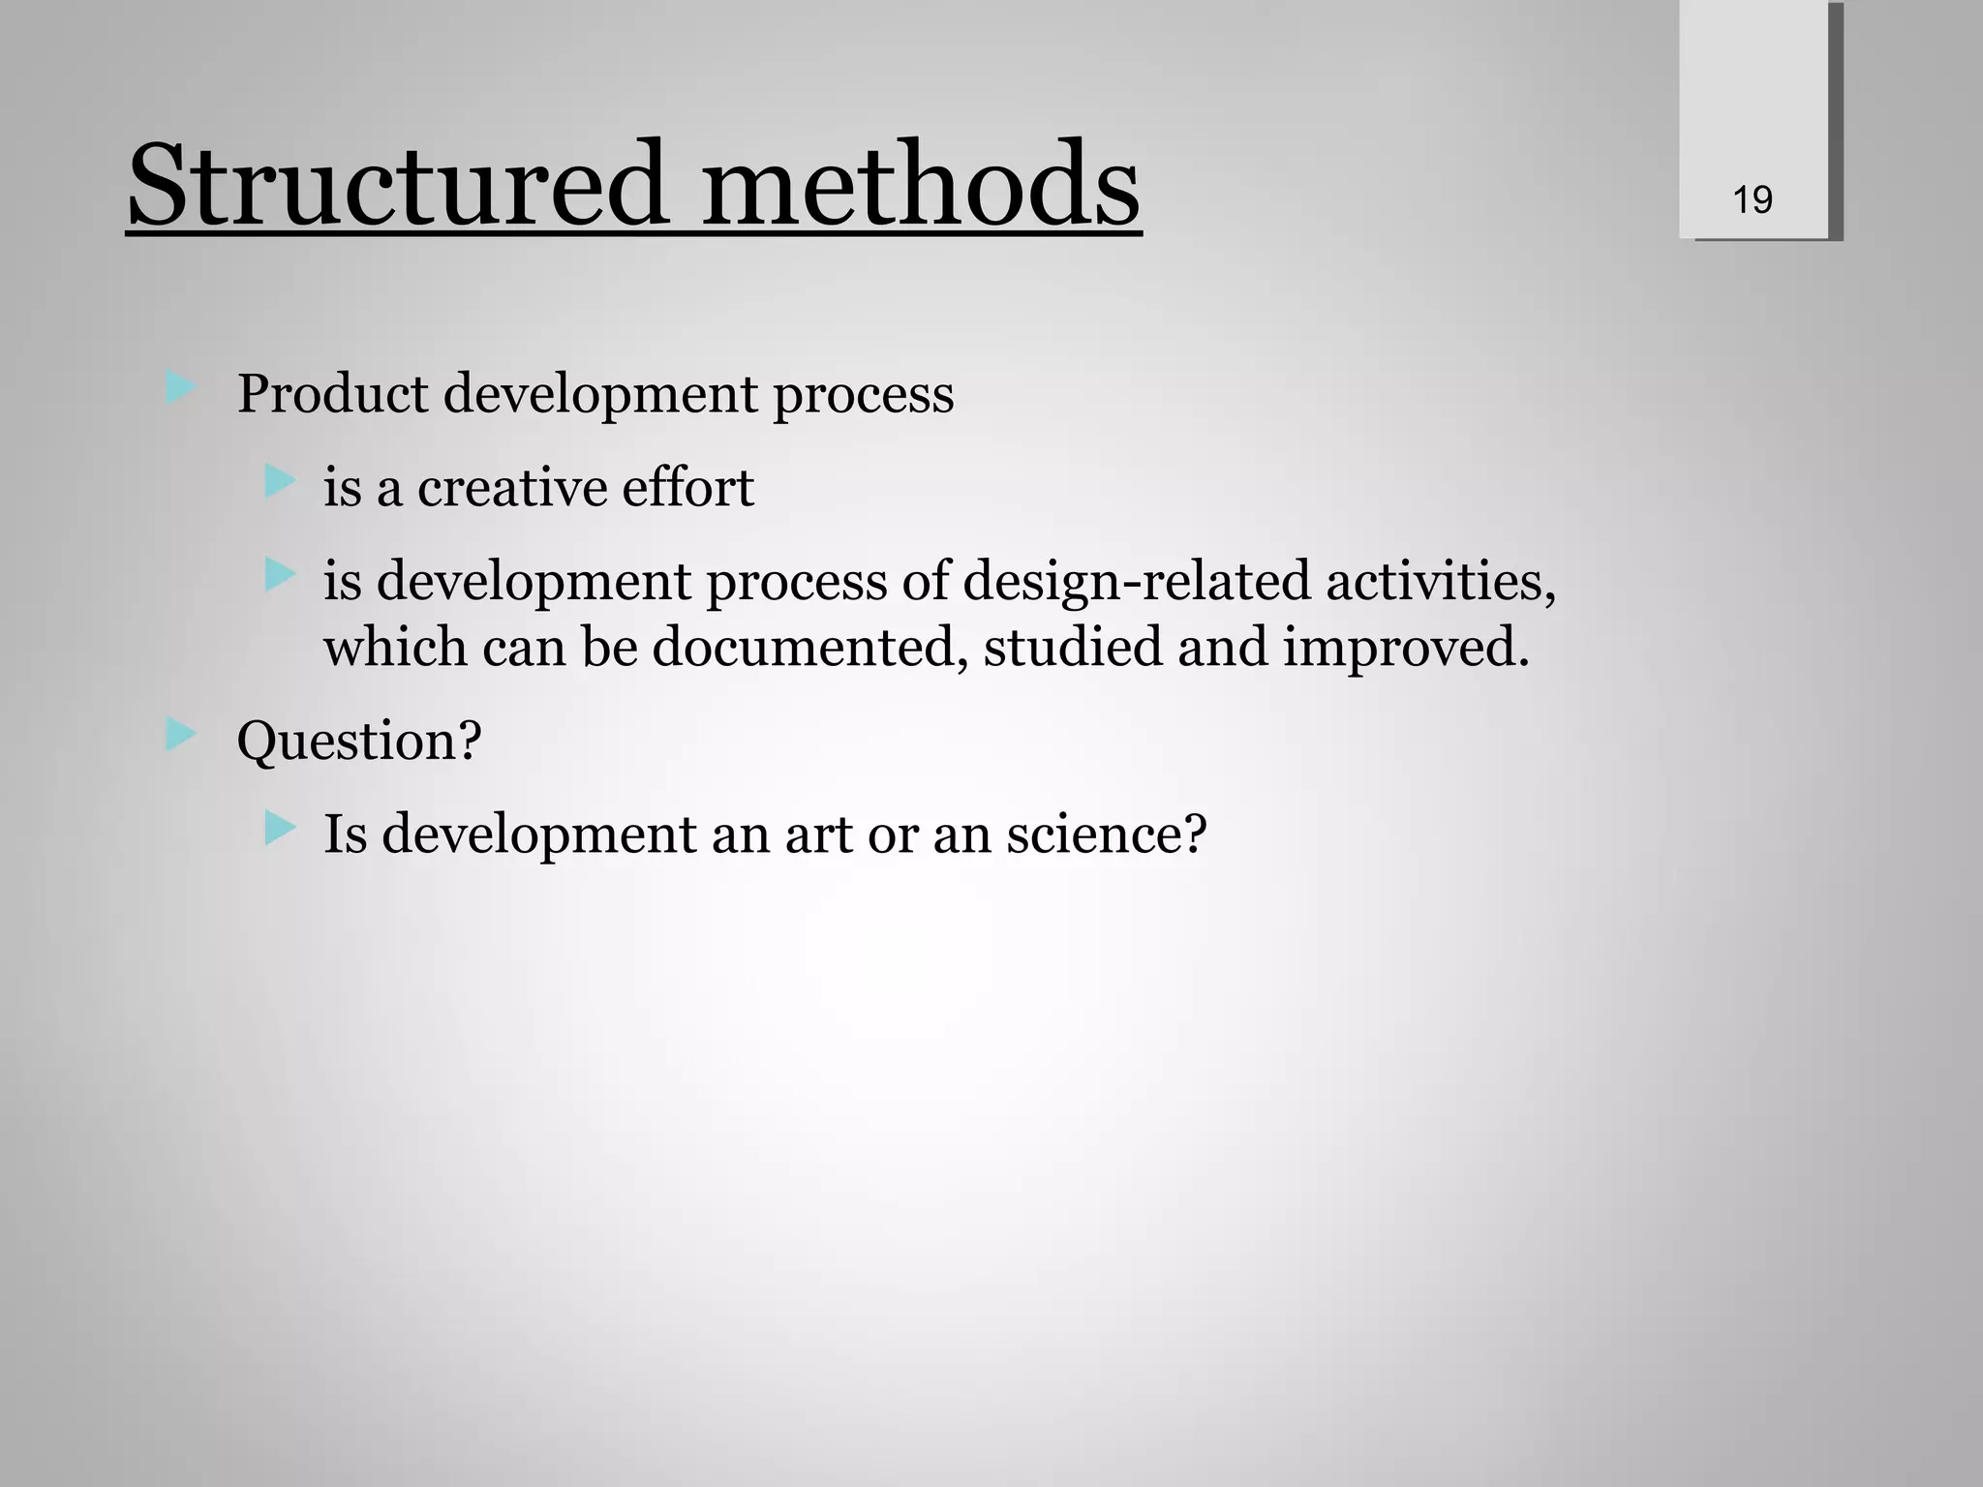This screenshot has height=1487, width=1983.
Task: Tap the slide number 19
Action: point(1752,200)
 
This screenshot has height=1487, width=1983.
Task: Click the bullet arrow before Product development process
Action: point(180,389)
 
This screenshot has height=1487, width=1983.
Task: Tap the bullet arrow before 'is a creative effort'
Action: point(279,481)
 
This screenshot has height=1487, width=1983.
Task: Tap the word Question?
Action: point(359,742)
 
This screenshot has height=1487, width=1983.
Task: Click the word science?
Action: point(1106,834)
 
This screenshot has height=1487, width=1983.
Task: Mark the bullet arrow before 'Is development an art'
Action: point(279,828)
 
